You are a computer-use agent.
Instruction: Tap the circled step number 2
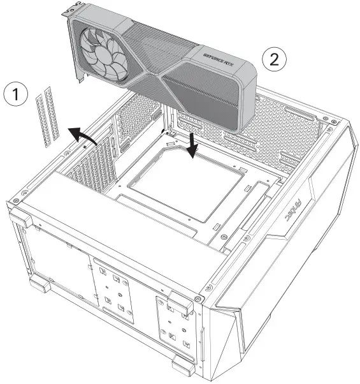(274, 60)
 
